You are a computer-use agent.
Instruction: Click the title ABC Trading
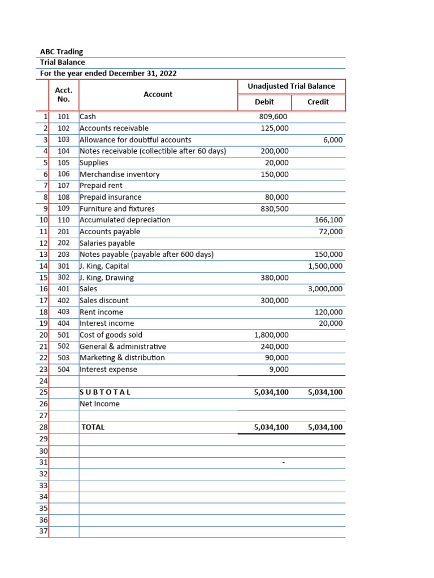[61, 51]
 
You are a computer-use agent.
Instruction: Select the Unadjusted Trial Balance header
[291, 86]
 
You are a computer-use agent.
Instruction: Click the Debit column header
[264, 102]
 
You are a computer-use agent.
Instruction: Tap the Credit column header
[318, 102]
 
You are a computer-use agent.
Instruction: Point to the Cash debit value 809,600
[274, 117]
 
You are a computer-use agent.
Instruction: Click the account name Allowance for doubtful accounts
[135, 139]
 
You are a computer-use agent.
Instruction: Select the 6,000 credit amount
[333, 140]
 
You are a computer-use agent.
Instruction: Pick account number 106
[64, 174]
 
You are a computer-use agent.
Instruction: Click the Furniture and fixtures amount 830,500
[274, 209]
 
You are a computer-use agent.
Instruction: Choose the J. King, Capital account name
[104, 266]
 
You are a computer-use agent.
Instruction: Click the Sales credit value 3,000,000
[325, 289]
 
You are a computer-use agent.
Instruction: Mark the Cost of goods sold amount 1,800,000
[271, 335]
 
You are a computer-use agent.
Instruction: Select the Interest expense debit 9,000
[279, 370]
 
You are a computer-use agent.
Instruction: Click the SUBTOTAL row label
[105, 392]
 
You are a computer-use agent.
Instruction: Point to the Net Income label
[99, 404]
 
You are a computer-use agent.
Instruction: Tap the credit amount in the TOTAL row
[325, 427]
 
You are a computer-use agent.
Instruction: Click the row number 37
[44, 532]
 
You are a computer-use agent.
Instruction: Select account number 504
[64, 370]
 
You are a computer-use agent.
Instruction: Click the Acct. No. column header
[64, 95]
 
